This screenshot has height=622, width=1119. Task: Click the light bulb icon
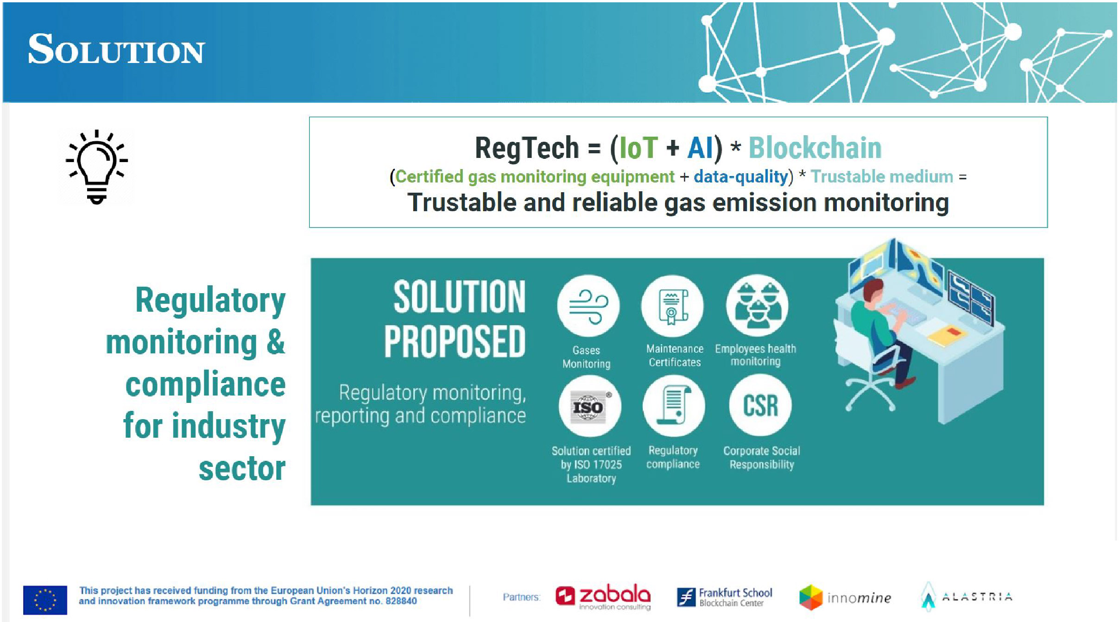pos(97,167)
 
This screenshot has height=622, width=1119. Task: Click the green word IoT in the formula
pos(638,148)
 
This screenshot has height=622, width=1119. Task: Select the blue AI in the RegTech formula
pos(700,148)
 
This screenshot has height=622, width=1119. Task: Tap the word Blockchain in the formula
pos(815,148)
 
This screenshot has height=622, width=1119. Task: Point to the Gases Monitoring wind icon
pos(588,306)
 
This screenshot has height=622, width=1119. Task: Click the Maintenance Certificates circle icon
pos(672,306)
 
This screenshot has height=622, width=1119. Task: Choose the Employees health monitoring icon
pos(757,305)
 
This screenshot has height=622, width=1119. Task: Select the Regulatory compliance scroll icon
pos(674,406)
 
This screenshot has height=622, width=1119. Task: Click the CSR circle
pos(760,405)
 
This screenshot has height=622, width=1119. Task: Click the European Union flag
pos(45,600)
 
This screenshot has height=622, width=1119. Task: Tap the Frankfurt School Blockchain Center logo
pos(724,597)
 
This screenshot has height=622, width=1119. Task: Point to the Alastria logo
pos(966,597)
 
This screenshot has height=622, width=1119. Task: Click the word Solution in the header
pos(116,49)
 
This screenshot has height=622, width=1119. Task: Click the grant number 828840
pos(401,601)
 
